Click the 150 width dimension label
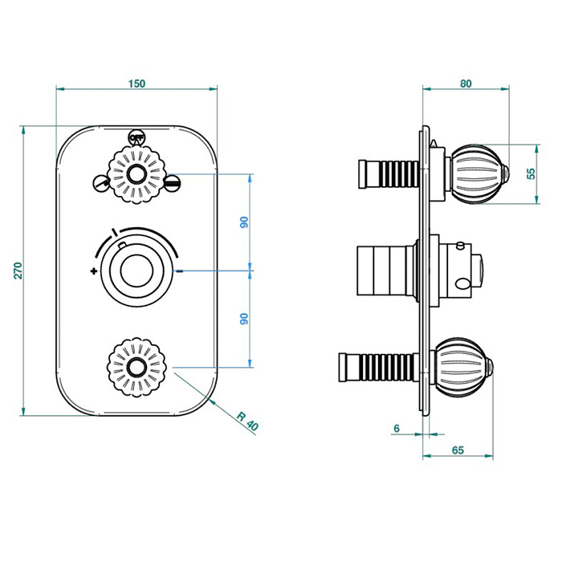(x=136, y=83)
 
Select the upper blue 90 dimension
(x=245, y=222)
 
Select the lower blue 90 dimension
(x=245, y=318)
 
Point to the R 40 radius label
(x=246, y=421)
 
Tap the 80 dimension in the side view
(x=466, y=82)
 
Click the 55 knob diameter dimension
(x=531, y=174)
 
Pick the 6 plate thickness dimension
(x=396, y=429)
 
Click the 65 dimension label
(x=458, y=450)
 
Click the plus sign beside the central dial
(x=94, y=271)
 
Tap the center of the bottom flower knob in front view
(x=138, y=368)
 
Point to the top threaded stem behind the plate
(x=389, y=173)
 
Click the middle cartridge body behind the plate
(x=384, y=270)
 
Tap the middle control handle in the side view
(x=458, y=270)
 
